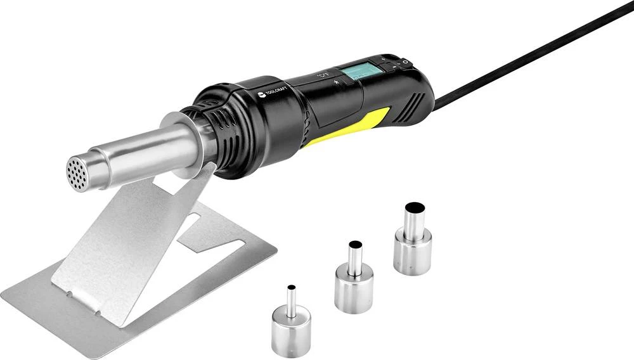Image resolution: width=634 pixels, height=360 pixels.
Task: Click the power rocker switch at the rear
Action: coord(403,62)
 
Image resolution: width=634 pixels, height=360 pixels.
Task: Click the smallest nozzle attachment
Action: coord(290,323)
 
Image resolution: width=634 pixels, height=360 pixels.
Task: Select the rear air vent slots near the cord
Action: coord(417,101)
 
